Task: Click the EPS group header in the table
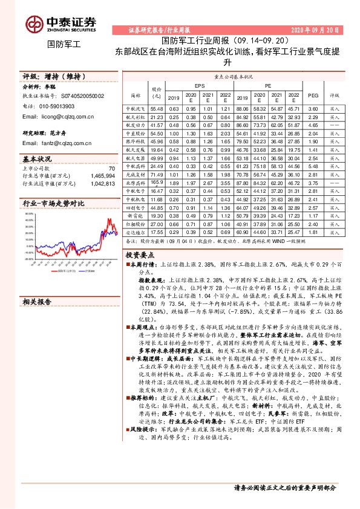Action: (199, 86)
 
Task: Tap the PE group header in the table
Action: (268, 86)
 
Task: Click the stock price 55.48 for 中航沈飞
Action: (157, 108)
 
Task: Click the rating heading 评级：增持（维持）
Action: (54, 77)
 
